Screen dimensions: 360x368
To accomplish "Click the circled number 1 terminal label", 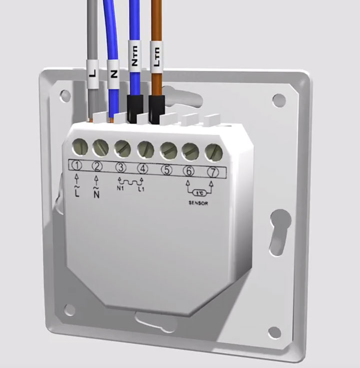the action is [76, 166].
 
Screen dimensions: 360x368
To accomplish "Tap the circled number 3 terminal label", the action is [121, 168].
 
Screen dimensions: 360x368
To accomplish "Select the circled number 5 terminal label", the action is [166, 170].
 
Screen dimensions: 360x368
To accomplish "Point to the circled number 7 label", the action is [213, 172].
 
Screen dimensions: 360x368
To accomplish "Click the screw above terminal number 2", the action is [100, 148].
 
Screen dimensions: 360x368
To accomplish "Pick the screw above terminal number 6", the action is [190, 152].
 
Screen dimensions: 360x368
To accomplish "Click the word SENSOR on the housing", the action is [198, 203].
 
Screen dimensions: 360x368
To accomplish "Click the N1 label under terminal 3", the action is [120, 188].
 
